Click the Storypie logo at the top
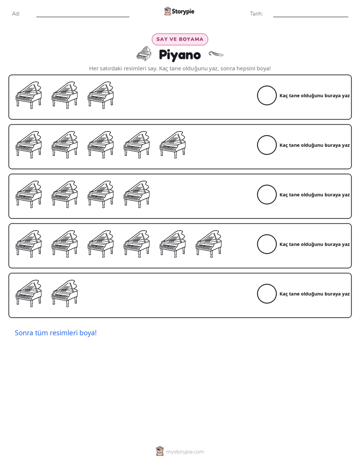point(179,11)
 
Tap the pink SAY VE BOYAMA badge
point(179,39)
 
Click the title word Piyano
point(179,55)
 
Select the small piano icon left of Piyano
point(144,54)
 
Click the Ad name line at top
point(83,17)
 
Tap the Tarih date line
point(311,17)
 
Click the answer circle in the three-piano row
point(267,95)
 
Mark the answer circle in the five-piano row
point(267,145)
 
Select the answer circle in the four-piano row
point(267,195)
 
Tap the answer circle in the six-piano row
point(267,244)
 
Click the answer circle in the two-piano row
point(267,294)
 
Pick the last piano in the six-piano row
point(209,244)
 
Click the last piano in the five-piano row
point(172,145)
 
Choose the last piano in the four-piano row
point(137,194)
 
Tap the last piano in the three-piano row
point(101,95)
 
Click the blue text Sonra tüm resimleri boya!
point(56,333)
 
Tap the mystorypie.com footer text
point(185,452)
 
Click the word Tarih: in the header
point(256,14)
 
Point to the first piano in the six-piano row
point(29,244)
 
